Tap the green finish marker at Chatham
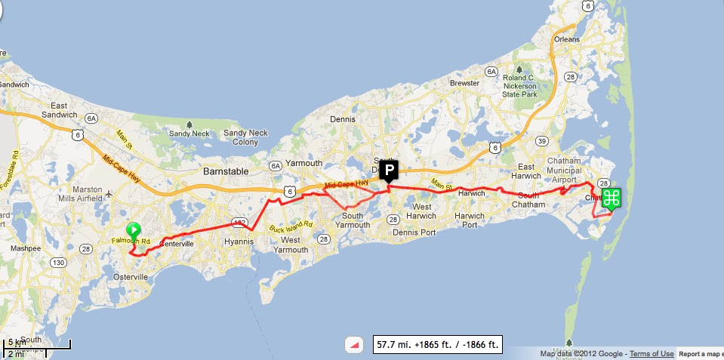click(612, 198)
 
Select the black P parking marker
click(389, 170)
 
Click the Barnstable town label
click(226, 171)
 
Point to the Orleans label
click(566, 38)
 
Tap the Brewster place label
click(464, 83)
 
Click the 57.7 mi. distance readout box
click(438, 345)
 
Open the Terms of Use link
click(652, 354)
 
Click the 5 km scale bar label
click(16, 343)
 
